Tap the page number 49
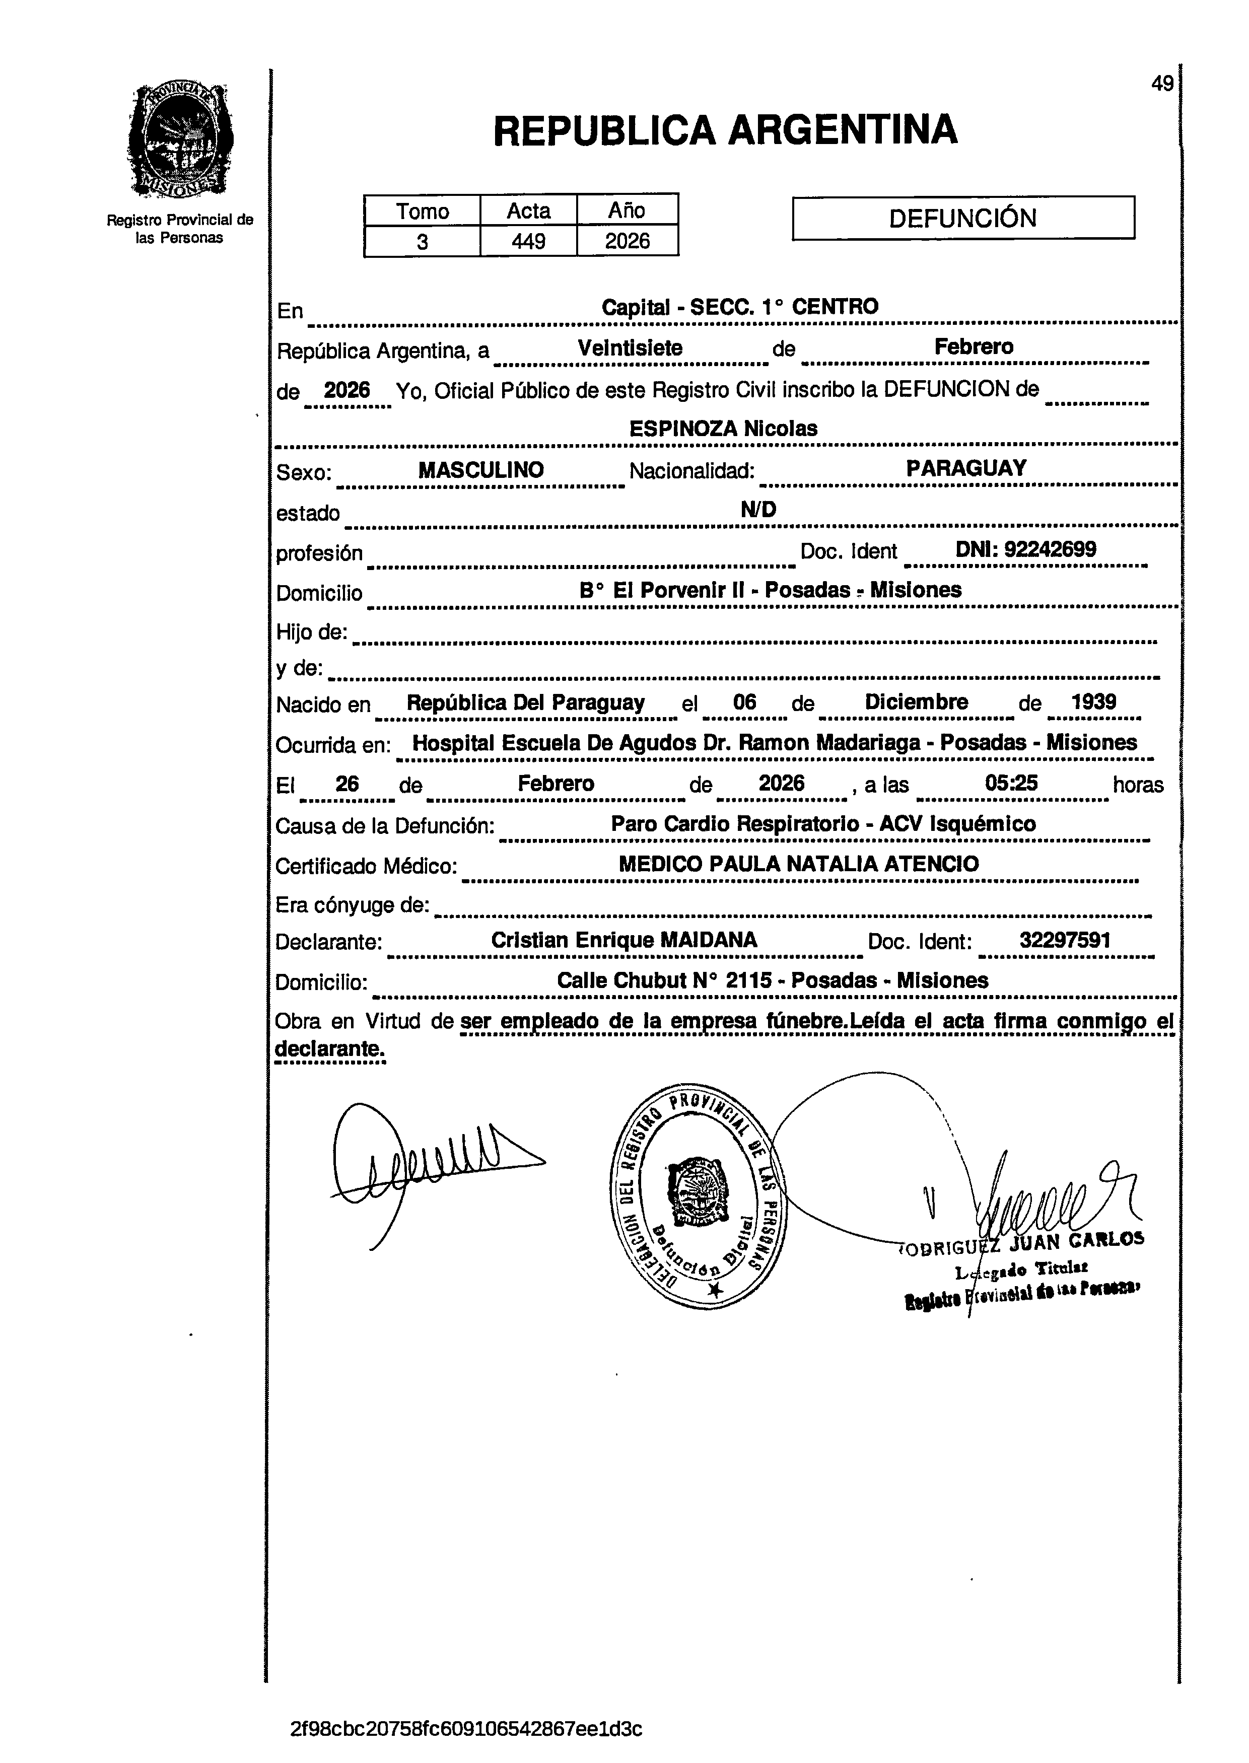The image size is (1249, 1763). click(x=1161, y=83)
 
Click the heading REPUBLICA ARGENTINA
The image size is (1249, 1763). click(x=725, y=129)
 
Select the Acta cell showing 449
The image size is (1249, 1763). click(x=528, y=241)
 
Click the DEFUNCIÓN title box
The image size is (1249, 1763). click(x=963, y=219)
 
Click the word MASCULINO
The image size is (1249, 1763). click(x=480, y=470)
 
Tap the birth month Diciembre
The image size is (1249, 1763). click(x=916, y=702)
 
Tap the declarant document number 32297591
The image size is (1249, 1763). click(x=1064, y=940)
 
